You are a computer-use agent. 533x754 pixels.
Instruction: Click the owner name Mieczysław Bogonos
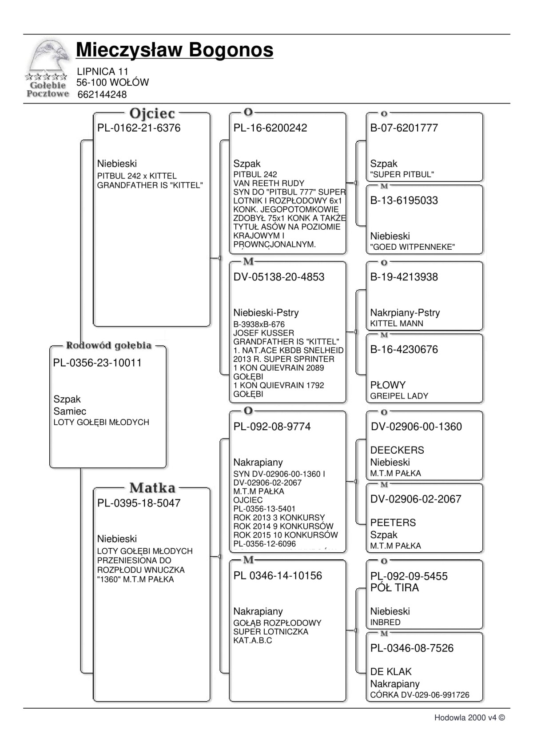(175, 50)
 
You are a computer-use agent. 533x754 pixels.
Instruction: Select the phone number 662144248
(102, 95)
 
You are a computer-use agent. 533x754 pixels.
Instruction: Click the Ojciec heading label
(152, 114)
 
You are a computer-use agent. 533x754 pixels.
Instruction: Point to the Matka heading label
(152, 488)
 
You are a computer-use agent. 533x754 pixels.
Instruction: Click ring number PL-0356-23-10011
(97, 363)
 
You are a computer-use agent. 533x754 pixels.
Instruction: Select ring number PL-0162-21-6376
(139, 128)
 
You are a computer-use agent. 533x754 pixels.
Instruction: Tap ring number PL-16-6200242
(270, 128)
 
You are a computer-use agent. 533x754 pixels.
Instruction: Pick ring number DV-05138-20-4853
(279, 277)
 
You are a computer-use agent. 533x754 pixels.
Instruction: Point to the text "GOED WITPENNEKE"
(412, 247)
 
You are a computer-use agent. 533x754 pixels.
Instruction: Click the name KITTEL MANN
(397, 324)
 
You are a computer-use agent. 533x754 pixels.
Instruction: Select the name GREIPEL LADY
(399, 396)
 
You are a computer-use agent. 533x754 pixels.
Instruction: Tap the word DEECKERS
(397, 450)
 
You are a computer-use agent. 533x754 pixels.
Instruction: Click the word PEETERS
(393, 523)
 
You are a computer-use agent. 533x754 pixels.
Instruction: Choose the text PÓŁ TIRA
(394, 588)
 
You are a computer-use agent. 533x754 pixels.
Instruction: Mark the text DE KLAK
(391, 672)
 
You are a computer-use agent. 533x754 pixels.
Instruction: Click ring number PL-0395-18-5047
(139, 503)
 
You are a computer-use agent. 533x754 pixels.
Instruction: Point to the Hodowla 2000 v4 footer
(469, 718)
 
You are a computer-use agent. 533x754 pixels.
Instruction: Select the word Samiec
(70, 411)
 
